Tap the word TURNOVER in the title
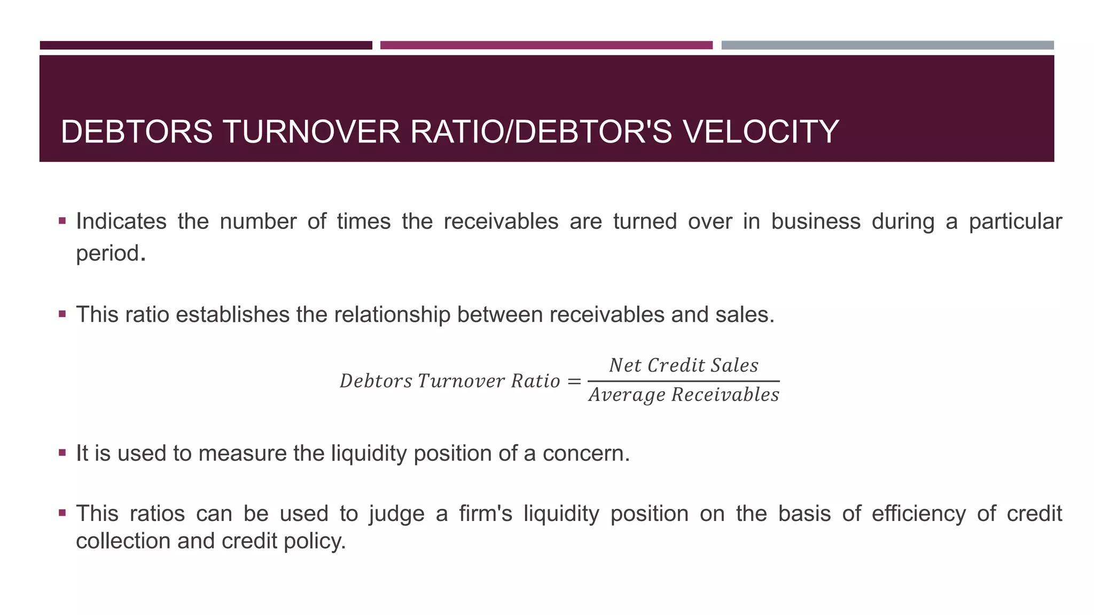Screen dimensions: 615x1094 click(x=311, y=132)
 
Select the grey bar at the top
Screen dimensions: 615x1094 click(x=887, y=45)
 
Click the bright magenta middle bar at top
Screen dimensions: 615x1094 click(x=546, y=45)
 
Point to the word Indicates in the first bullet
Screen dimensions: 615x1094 click(x=121, y=222)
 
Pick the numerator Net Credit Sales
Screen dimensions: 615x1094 click(x=683, y=366)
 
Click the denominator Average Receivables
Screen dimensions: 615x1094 click(x=684, y=395)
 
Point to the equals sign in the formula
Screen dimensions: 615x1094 click(x=574, y=381)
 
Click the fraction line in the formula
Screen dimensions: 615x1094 click(x=683, y=381)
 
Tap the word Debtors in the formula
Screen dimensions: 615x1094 click(x=376, y=381)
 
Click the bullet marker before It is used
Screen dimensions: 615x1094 click(x=62, y=453)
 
